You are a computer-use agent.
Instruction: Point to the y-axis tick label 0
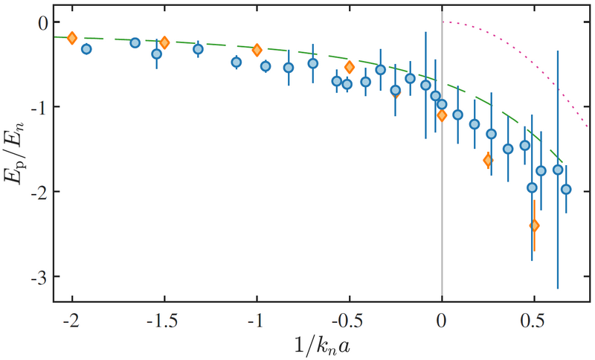tap(42, 22)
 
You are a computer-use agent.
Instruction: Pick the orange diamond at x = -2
tap(72, 38)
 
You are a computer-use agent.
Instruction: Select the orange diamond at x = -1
tap(257, 50)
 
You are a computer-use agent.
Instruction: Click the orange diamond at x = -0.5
tap(350, 68)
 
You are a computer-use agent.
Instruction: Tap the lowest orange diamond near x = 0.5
tap(534, 225)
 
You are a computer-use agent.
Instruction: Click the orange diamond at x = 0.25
tap(488, 160)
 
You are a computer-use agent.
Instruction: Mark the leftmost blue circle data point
tap(86, 49)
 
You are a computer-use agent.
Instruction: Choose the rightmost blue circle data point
tap(566, 189)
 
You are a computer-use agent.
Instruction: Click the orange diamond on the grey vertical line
tap(442, 115)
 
